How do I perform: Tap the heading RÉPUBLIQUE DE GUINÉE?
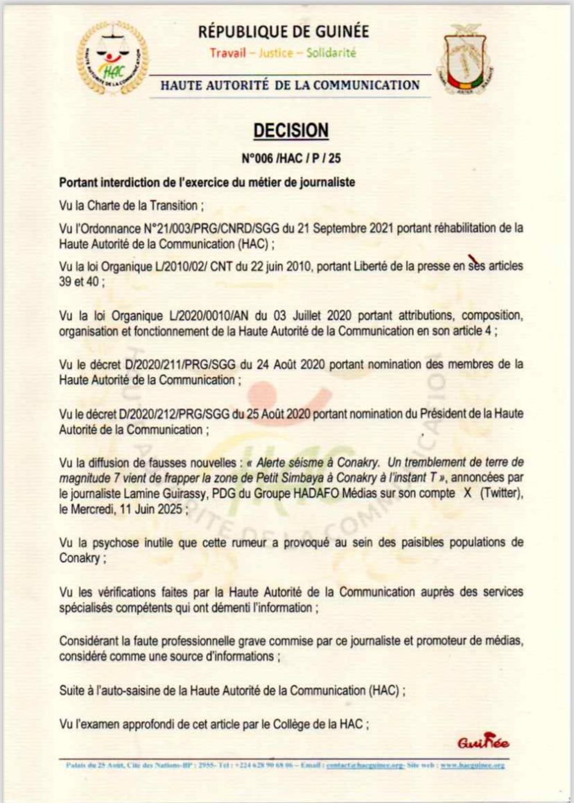point(284,31)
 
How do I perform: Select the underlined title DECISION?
point(290,130)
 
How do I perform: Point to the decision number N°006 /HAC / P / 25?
point(291,159)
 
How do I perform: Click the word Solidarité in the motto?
point(331,53)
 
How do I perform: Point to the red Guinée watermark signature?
point(483,742)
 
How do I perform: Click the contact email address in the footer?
point(365,765)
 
